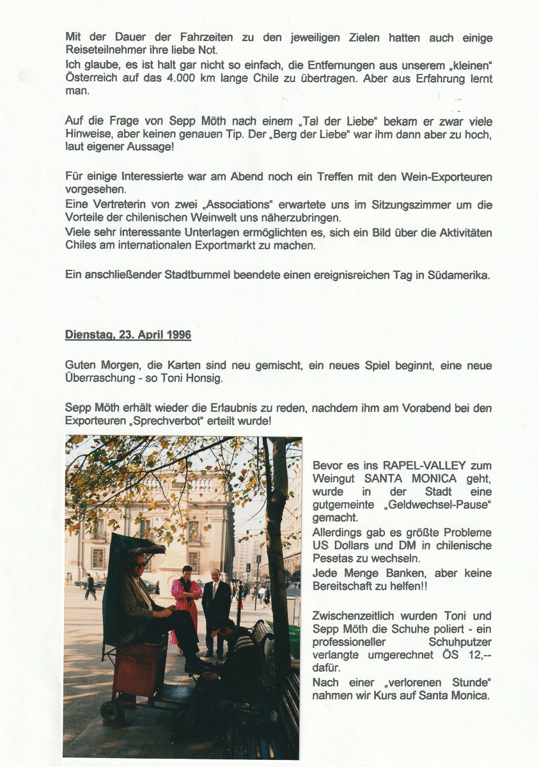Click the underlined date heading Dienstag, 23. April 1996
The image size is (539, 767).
pyautogui.click(x=128, y=335)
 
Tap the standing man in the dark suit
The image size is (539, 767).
pyautogui.click(x=215, y=608)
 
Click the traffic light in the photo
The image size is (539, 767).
pyautogui.click(x=249, y=568)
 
